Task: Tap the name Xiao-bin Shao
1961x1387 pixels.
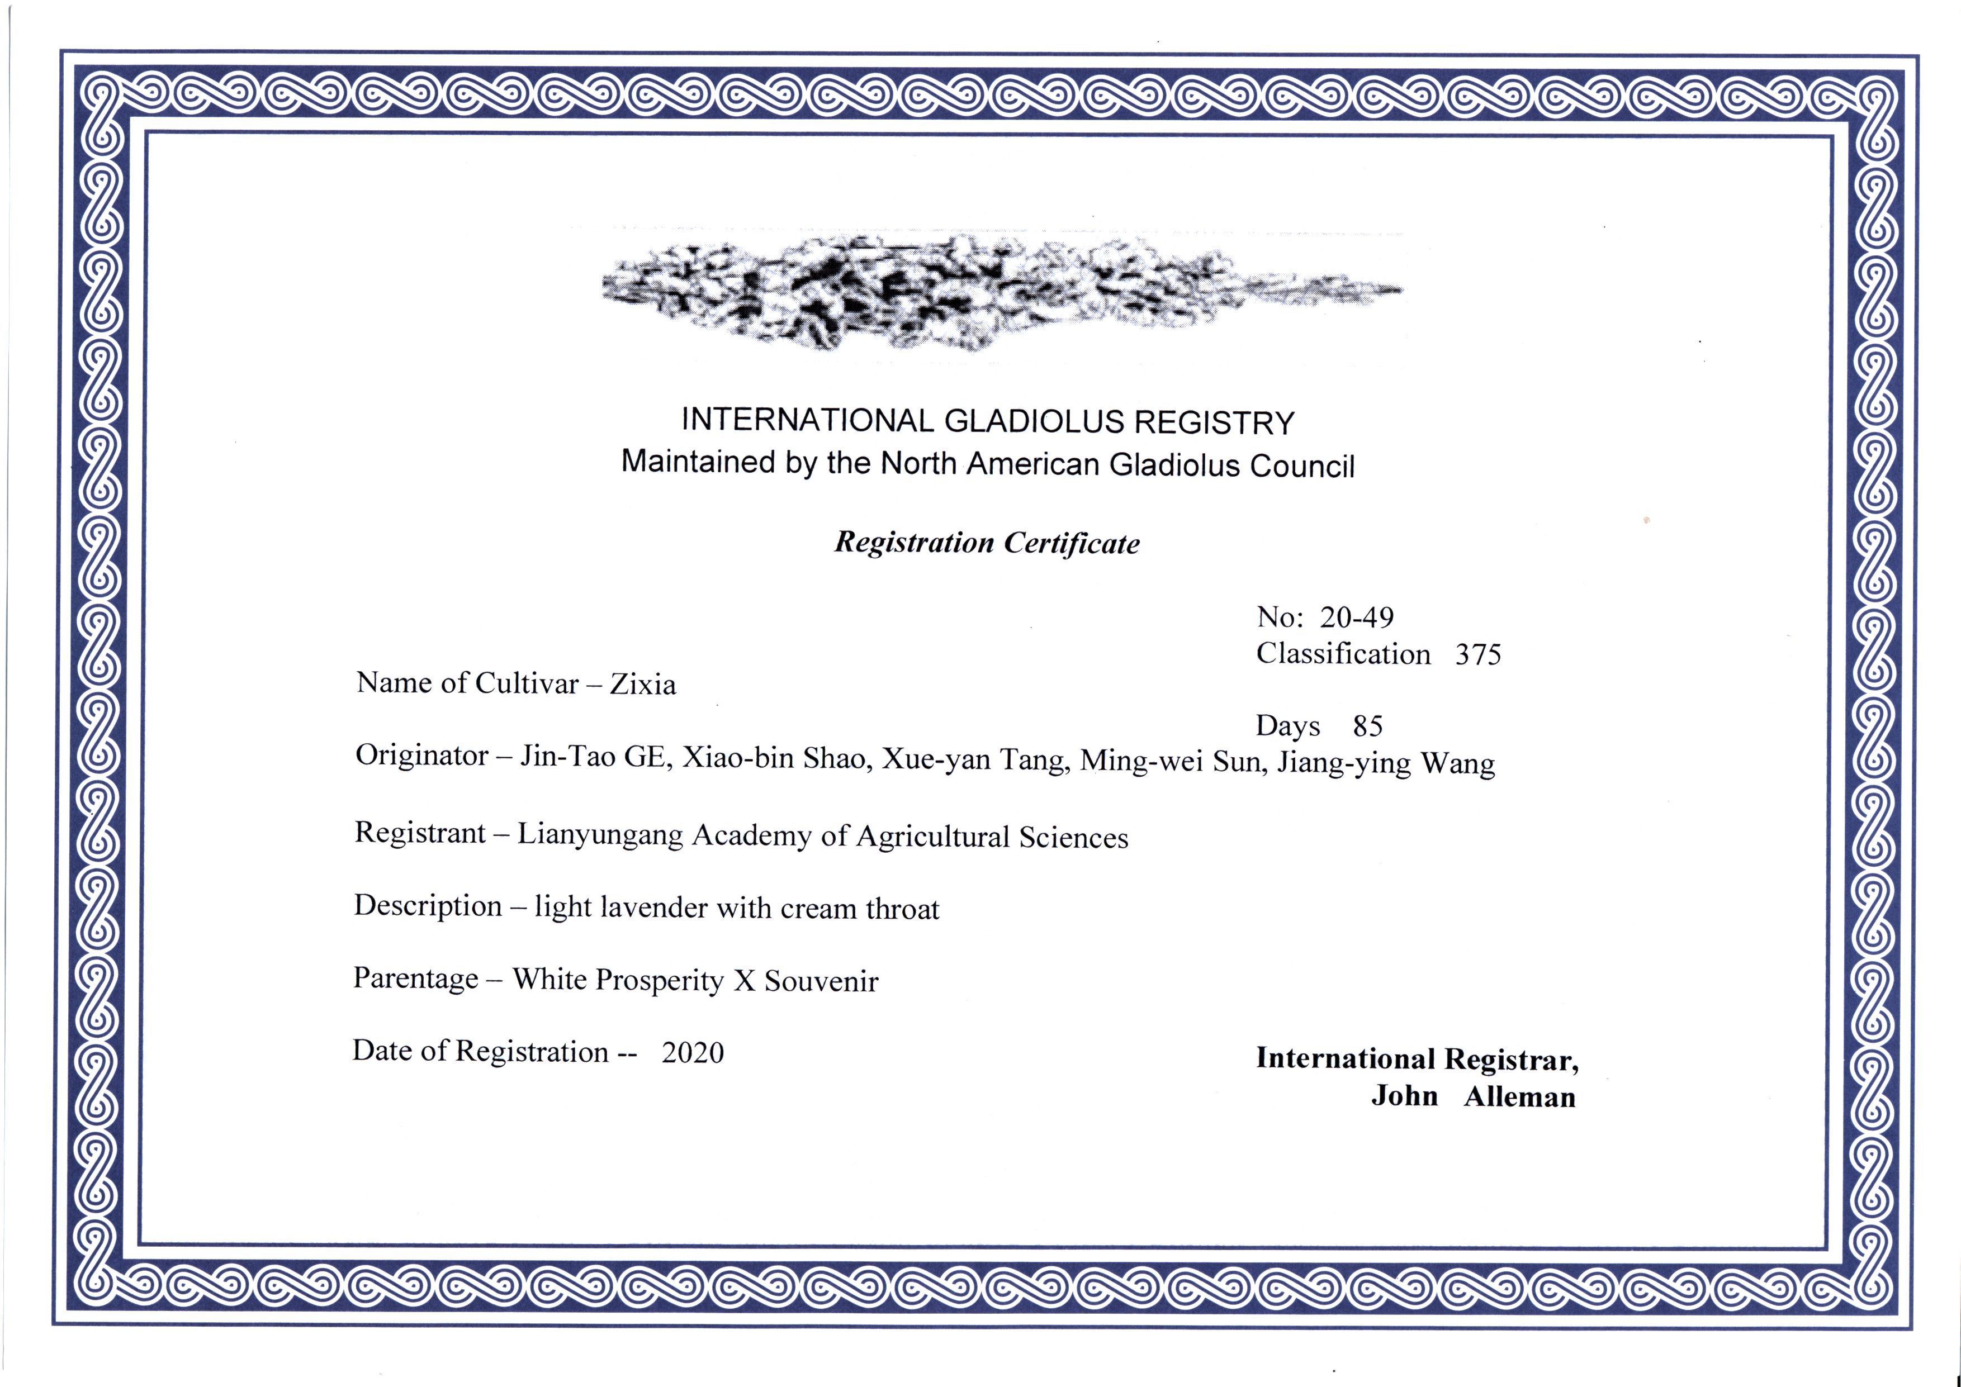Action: (x=776, y=758)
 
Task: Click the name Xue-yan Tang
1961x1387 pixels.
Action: (x=975, y=759)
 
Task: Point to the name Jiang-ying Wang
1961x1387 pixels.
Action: (x=1385, y=763)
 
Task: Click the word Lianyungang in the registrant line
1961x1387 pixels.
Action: (x=600, y=835)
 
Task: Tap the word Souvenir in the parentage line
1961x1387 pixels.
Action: (x=821, y=981)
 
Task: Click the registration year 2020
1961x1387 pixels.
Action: (x=693, y=1052)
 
